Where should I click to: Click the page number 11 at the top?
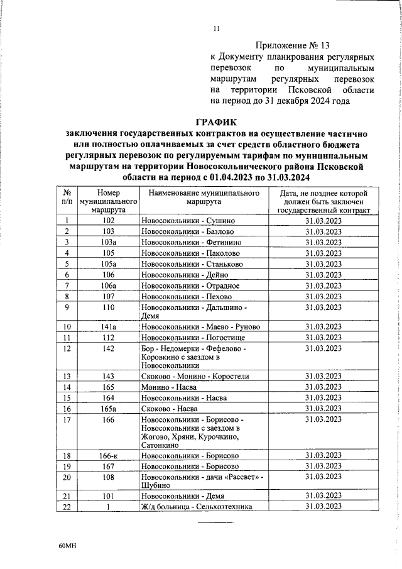pyautogui.click(x=217, y=28)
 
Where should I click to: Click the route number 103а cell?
pyautogui.click(x=109, y=242)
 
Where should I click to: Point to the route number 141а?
pyautogui.click(x=109, y=327)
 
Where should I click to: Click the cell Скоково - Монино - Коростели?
pyautogui.click(x=195, y=376)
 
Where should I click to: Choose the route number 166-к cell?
pyautogui.click(x=109, y=455)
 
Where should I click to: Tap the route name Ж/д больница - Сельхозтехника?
pyautogui.click(x=197, y=507)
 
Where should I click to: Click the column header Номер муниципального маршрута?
pyautogui.click(x=109, y=201)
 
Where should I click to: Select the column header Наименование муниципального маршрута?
pyautogui.click(x=204, y=197)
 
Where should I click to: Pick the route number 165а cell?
pyautogui.click(x=109, y=408)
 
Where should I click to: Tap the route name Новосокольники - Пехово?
pyautogui.click(x=187, y=296)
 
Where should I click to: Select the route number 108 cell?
pyautogui.click(x=109, y=477)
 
